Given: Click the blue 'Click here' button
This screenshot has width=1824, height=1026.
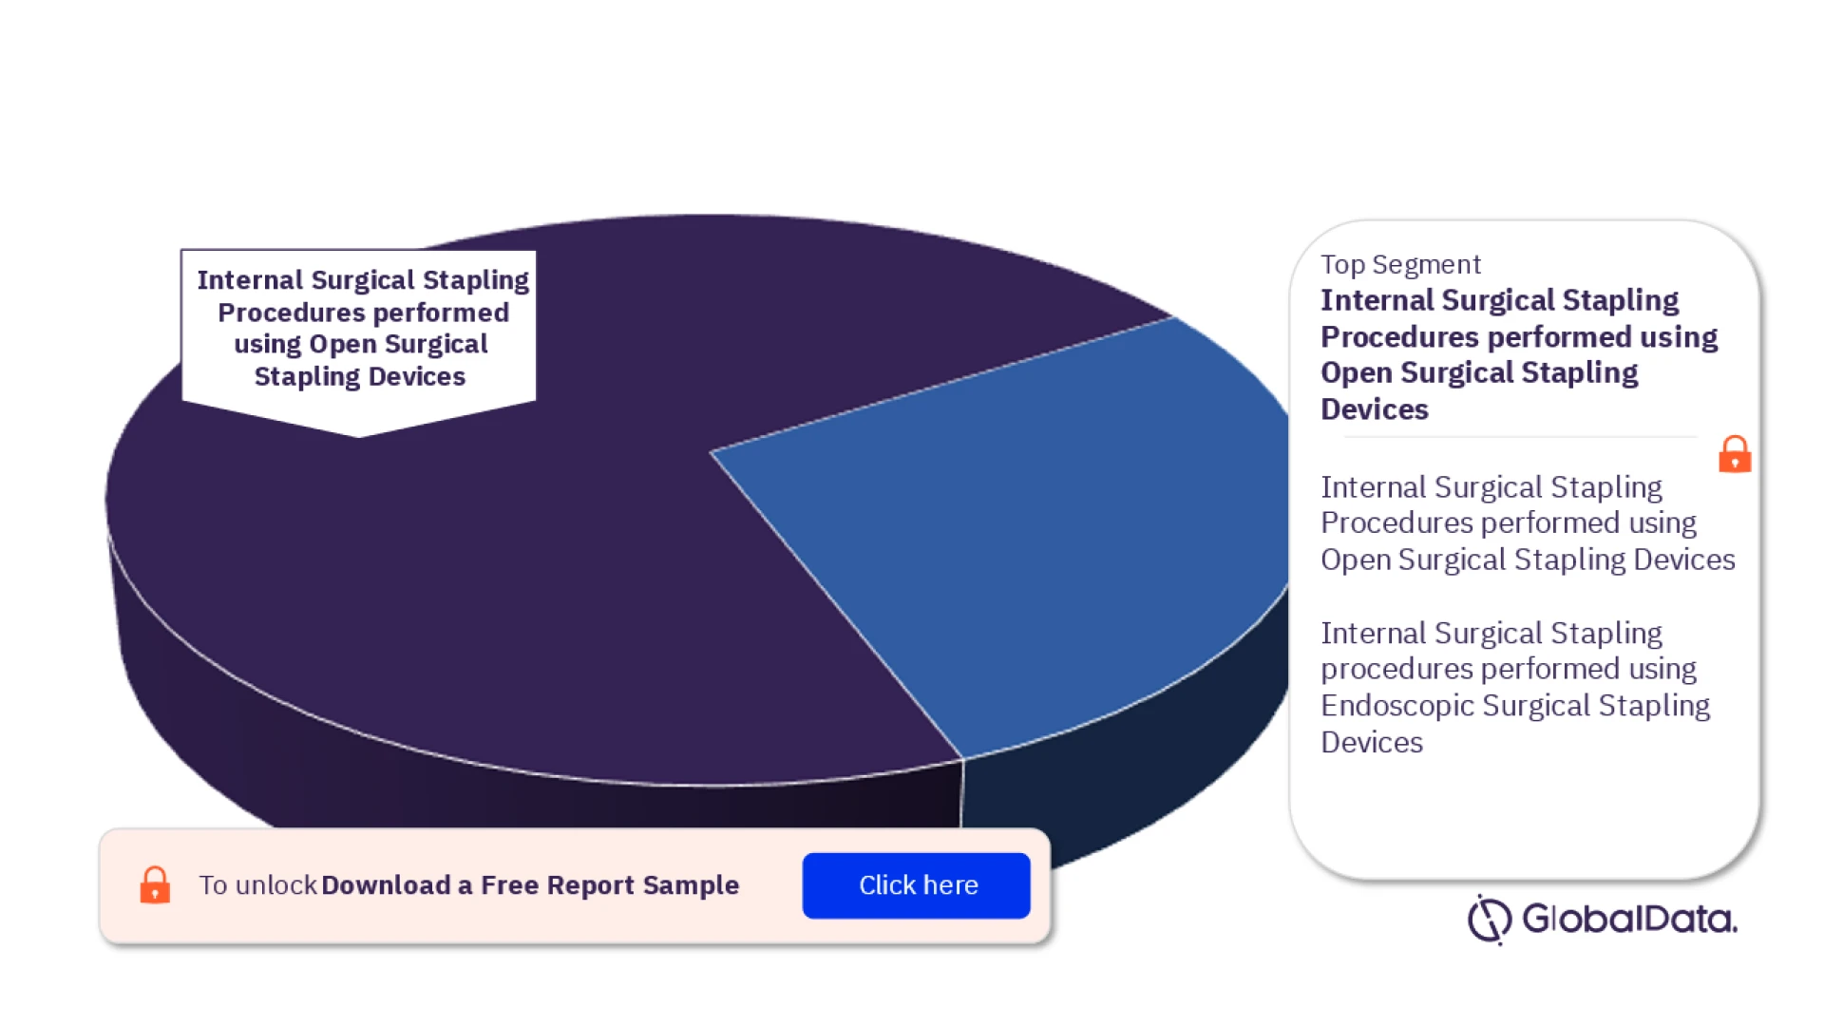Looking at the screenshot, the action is pyautogui.click(x=916, y=885).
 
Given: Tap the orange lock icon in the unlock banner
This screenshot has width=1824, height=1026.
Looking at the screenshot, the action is pyautogui.click(x=155, y=884).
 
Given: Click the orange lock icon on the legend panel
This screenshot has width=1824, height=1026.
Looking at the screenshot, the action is pyautogui.click(x=1735, y=454).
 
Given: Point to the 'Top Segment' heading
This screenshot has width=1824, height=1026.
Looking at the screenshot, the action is pyautogui.click(x=1400, y=264).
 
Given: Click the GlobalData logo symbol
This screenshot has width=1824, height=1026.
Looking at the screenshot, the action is pyautogui.click(x=1489, y=919).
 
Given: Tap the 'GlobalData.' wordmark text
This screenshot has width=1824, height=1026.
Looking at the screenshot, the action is pyautogui.click(x=1630, y=919).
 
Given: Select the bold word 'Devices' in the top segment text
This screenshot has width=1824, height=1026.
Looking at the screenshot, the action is pyautogui.click(x=1375, y=409).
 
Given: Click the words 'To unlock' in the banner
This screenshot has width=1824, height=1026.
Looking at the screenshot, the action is pyautogui.click(x=257, y=885).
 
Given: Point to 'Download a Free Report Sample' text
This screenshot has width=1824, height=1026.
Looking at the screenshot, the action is pyautogui.click(x=530, y=885).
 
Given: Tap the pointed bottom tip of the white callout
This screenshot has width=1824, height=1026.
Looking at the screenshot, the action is pyautogui.click(x=358, y=438).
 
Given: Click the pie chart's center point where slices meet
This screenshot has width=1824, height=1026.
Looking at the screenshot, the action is pyautogui.click(x=711, y=452).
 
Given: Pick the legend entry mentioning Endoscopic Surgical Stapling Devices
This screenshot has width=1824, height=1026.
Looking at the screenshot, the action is pyautogui.click(x=1515, y=688).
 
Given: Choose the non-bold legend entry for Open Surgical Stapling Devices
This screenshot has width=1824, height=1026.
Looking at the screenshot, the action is pyautogui.click(x=1528, y=523).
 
